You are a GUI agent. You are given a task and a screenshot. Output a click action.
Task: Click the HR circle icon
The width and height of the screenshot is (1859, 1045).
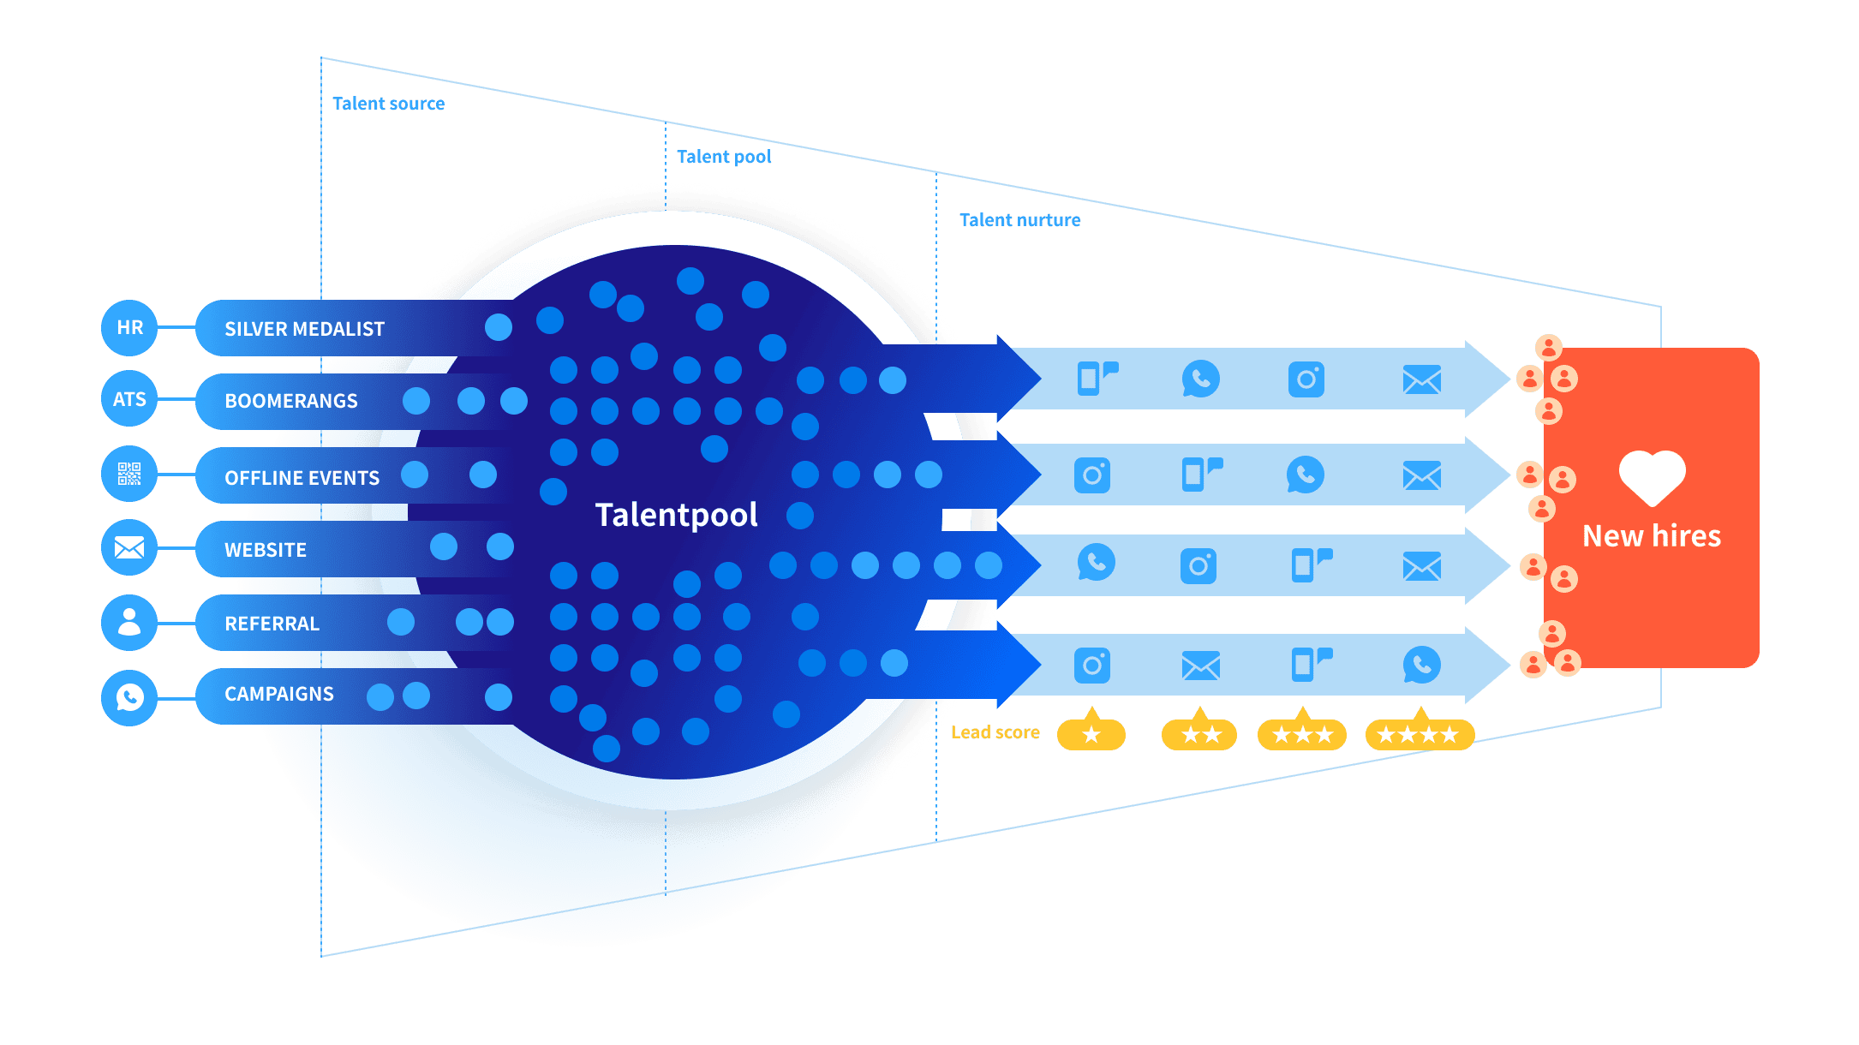click(x=129, y=327)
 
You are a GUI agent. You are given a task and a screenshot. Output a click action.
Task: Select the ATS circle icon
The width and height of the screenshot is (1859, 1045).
click(x=129, y=399)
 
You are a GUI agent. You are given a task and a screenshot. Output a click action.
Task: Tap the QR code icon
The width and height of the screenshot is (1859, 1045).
click(x=129, y=474)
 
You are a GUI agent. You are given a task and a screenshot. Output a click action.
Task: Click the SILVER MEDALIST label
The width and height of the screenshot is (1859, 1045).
click(x=304, y=329)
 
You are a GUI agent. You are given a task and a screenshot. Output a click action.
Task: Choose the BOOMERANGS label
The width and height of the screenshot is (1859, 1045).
click(x=291, y=401)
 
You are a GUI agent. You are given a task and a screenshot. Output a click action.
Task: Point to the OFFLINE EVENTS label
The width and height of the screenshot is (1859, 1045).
click(x=302, y=478)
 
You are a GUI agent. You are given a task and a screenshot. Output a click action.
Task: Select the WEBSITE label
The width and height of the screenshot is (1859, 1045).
click(x=266, y=550)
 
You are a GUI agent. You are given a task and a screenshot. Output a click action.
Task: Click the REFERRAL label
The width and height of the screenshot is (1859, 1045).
click(x=272, y=624)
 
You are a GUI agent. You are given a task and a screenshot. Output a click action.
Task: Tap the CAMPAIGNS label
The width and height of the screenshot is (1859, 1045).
click(x=279, y=694)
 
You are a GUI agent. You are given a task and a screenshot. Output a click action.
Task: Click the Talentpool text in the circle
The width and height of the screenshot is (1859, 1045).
click(x=676, y=515)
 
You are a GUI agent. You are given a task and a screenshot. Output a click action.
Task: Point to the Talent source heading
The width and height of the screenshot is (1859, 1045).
click(x=388, y=104)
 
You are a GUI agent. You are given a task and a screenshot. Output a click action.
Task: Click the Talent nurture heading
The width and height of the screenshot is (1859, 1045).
click(x=1019, y=220)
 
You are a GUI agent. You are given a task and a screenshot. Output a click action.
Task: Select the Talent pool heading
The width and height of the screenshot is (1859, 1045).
click(x=723, y=157)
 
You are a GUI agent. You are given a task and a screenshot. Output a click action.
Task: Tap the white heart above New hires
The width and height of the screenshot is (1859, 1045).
click(x=1652, y=477)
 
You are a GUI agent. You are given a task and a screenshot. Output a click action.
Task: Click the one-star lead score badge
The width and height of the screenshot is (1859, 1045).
click(x=1091, y=733)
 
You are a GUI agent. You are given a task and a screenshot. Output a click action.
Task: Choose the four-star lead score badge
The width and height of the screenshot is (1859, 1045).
click(x=1419, y=734)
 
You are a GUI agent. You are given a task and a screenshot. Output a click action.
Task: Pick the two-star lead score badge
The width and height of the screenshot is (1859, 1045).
click(x=1199, y=734)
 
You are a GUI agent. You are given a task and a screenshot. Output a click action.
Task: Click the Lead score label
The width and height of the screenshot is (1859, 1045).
click(x=995, y=732)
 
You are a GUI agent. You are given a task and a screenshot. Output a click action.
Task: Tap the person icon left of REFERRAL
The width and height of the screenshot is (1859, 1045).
click(x=129, y=622)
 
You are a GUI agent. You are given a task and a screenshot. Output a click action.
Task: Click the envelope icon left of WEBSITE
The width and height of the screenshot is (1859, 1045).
click(x=129, y=547)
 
